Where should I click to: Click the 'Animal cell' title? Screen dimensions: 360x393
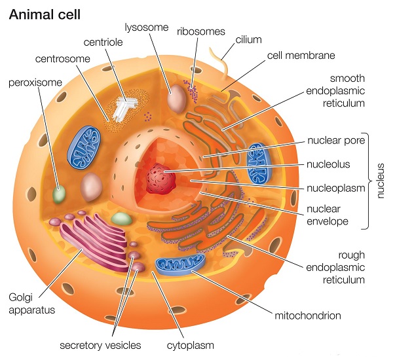(45, 14)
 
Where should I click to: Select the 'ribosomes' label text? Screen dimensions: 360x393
(201, 31)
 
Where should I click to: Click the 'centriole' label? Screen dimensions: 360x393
(102, 44)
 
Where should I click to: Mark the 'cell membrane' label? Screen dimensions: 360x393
(301, 54)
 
